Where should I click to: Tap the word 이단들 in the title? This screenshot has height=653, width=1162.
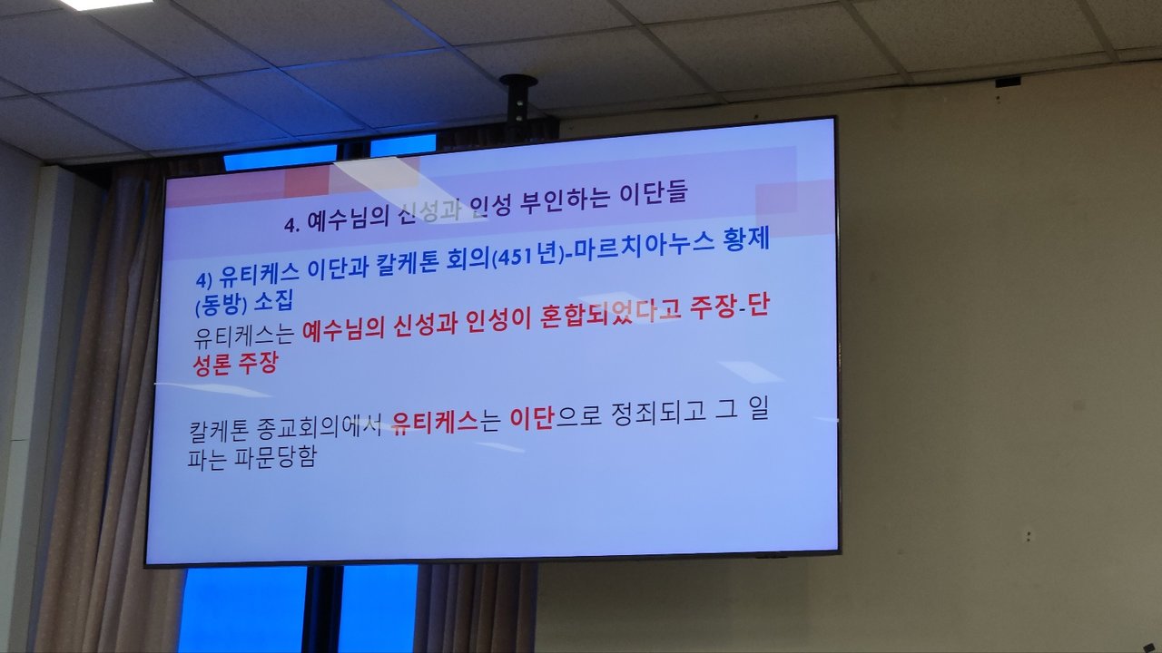pyautogui.click(x=655, y=193)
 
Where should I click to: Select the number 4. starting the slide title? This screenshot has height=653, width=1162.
pyautogui.click(x=292, y=224)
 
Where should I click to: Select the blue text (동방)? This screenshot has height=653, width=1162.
pyautogui.click(x=221, y=306)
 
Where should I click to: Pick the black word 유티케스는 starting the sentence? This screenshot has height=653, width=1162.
pyautogui.click(x=244, y=336)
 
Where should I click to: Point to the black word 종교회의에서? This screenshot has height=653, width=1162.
pyautogui.click(x=319, y=427)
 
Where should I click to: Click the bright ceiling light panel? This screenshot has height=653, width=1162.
pyautogui.click(x=106, y=5)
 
